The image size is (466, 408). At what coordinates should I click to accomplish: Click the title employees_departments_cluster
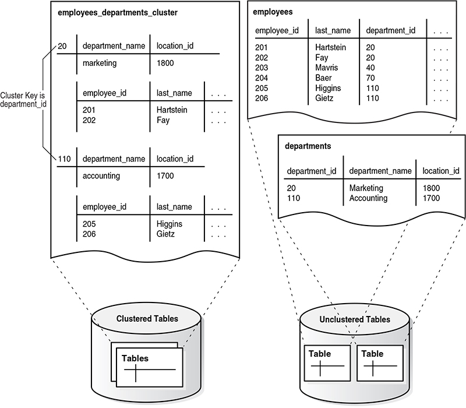pyautogui.click(x=118, y=13)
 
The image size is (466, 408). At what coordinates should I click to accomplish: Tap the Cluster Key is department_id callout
pyautogui.click(x=23, y=100)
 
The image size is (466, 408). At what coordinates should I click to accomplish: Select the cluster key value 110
pyautogui.click(x=64, y=159)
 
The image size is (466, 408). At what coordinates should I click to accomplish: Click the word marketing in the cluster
pyautogui.click(x=100, y=63)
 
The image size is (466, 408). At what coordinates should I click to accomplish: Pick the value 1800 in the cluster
pyautogui.click(x=165, y=63)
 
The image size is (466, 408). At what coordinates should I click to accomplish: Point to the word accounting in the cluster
pyautogui.click(x=101, y=176)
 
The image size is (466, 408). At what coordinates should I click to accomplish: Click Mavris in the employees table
pyautogui.click(x=327, y=68)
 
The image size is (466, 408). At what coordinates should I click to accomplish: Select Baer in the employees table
pyautogui.click(x=323, y=78)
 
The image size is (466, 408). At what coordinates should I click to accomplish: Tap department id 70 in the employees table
pyautogui.click(x=370, y=78)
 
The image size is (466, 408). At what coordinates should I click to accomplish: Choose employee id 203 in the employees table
pyautogui.click(x=262, y=68)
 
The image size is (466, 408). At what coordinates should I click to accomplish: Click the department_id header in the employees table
pyautogui.click(x=390, y=30)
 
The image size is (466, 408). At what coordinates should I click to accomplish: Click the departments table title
pyautogui.click(x=308, y=146)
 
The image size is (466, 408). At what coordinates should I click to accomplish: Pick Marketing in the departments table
pyautogui.click(x=366, y=188)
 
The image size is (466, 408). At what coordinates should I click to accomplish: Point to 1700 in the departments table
pyautogui.click(x=431, y=198)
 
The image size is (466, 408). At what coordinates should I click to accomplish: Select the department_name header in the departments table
pyautogui.click(x=380, y=171)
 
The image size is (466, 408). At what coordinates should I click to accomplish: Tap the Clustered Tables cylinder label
pyautogui.click(x=147, y=319)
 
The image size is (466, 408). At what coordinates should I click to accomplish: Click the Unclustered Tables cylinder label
pyautogui.click(x=355, y=319)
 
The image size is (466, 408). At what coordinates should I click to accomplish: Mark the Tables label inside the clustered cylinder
pyautogui.click(x=135, y=358)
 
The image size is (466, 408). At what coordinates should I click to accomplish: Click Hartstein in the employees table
pyautogui.click(x=330, y=47)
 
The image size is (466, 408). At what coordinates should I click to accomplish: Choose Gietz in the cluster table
pyautogui.click(x=165, y=234)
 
